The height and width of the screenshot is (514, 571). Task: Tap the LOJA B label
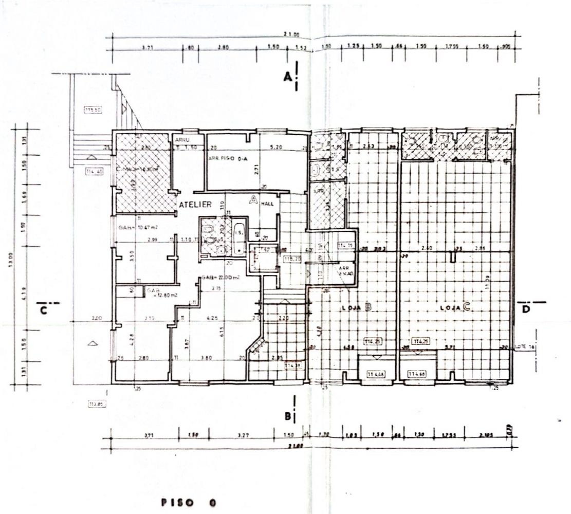click(357, 308)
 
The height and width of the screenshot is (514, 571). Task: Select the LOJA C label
click(456, 308)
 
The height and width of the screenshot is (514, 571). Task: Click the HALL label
click(268, 204)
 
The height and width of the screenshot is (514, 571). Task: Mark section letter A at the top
click(288, 77)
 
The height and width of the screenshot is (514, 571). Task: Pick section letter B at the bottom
click(288, 415)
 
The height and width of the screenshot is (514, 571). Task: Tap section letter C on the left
click(44, 310)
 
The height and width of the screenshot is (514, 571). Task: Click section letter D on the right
click(526, 309)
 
